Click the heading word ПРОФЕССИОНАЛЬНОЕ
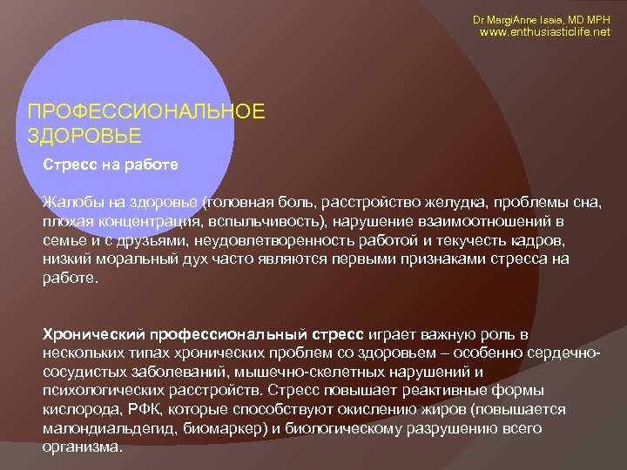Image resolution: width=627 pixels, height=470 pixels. (x=145, y=113)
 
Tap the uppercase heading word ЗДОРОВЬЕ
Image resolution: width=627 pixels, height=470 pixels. (x=84, y=137)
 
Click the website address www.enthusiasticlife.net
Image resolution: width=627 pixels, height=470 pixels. (x=546, y=32)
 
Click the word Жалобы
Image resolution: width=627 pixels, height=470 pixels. (x=72, y=202)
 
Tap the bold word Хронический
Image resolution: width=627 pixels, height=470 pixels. (x=94, y=333)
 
